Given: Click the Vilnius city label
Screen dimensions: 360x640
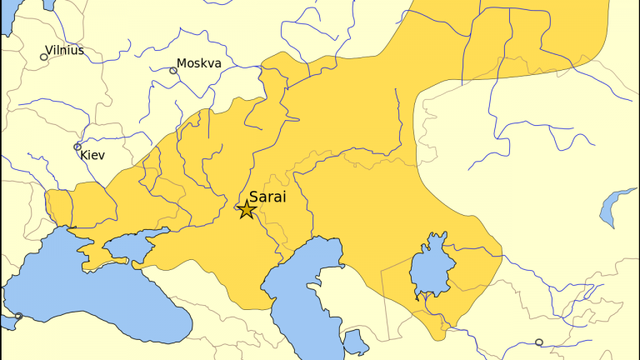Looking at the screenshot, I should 65,50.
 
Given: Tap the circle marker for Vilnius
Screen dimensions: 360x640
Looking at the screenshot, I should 44,57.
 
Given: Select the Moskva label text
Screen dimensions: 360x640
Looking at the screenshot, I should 198,63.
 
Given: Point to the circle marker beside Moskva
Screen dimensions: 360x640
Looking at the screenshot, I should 173,71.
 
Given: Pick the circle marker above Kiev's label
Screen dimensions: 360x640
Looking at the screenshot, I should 77,147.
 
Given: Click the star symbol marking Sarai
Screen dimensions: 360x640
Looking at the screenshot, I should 246,209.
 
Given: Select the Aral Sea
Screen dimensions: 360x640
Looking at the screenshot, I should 430,271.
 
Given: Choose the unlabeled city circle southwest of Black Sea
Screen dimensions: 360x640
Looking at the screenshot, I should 18,316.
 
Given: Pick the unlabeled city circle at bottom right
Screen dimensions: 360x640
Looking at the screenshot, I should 538,342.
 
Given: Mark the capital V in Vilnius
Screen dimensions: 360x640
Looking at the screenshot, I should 49,50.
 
